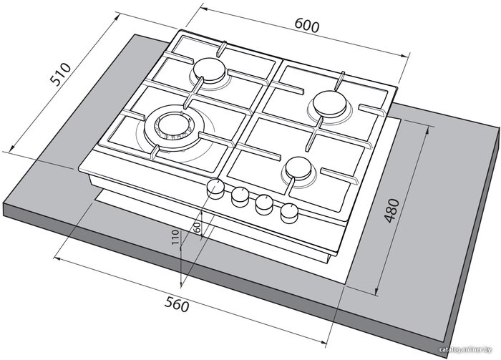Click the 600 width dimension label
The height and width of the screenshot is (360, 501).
tap(306, 25)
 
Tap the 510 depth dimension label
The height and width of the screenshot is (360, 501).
tap(61, 74)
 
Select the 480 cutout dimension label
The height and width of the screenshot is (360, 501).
tap(391, 210)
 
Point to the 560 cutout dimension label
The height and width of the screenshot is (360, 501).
tap(177, 303)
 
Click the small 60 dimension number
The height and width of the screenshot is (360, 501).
tap(197, 227)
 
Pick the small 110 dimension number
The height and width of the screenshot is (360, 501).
tap(175, 237)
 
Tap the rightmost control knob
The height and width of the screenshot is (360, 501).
tap(289, 213)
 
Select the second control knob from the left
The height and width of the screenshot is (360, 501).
tap(240, 196)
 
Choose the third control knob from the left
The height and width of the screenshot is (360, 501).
tap(264, 205)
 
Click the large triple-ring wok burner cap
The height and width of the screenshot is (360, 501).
tap(175, 125)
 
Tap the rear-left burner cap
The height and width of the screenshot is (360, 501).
tap(210, 70)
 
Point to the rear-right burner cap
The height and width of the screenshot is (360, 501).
tap(330, 104)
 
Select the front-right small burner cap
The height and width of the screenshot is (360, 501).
tap(298, 168)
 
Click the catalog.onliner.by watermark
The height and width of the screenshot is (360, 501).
tap(465, 350)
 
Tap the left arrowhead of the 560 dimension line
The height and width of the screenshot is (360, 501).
tap(58, 258)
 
